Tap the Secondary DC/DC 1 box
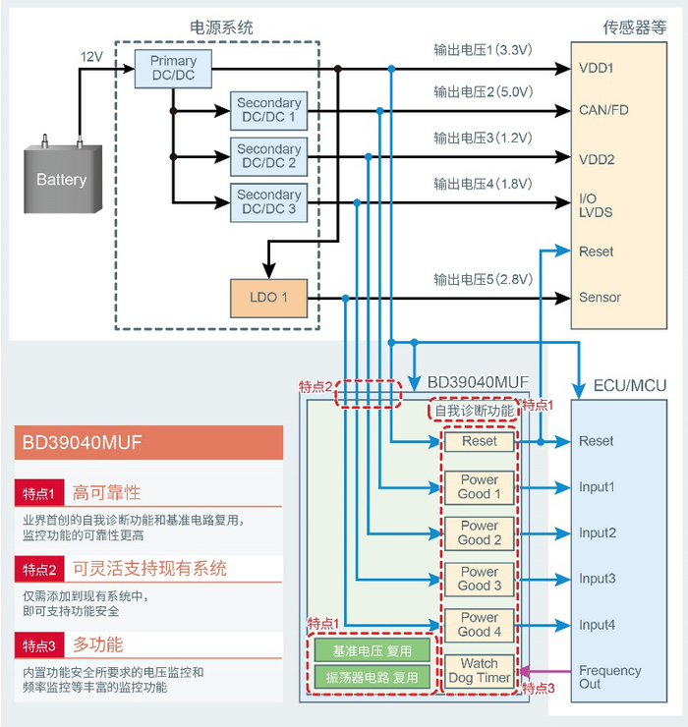[x=268, y=110]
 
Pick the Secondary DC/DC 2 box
[x=268, y=156]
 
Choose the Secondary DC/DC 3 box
[x=268, y=202]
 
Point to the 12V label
[x=91, y=58]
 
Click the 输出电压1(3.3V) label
[x=484, y=48]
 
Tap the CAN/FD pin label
[x=603, y=110]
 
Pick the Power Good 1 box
[x=480, y=487]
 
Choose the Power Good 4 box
[x=480, y=625]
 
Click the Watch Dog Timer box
[x=480, y=671]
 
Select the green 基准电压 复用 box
[x=373, y=650]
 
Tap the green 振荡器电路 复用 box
[x=373, y=677]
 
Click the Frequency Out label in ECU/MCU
[x=609, y=678]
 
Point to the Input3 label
[x=598, y=579]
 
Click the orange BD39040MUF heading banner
[x=148, y=442]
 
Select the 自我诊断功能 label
[x=474, y=411]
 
